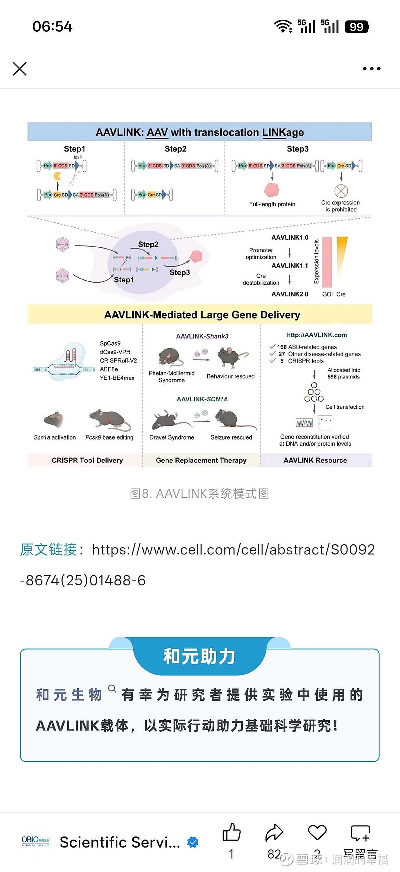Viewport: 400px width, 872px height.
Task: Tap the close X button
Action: tap(20, 69)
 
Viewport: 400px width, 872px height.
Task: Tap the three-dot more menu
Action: tap(372, 69)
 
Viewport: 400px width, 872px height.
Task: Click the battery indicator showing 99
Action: tap(357, 27)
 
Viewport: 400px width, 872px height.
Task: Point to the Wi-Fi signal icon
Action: tap(283, 26)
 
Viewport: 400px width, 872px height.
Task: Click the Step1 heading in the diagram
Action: tap(74, 149)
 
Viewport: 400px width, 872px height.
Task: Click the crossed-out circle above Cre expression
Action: tap(341, 191)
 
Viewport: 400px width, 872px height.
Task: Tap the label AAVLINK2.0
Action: tap(290, 294)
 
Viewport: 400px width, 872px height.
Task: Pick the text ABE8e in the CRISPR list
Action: tap(109, 369)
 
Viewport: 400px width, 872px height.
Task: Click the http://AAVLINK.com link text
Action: tap(317, 335)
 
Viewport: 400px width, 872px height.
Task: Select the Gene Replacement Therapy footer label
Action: tap(201, 460)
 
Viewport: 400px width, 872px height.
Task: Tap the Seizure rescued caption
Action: tap(231, 437)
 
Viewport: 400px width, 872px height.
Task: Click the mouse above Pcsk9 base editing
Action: tap(110, 419)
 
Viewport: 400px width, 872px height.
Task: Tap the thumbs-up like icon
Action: tap(231, 833)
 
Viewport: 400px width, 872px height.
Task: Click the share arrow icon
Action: tap(274, 833)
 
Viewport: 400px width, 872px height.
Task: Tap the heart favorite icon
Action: tap(317, 832)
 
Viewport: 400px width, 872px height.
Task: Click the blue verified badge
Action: tap(193, 842)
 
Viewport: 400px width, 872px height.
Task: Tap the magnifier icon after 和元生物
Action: tap(112, 689)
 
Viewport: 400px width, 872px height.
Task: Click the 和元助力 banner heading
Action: tap(199, 656)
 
